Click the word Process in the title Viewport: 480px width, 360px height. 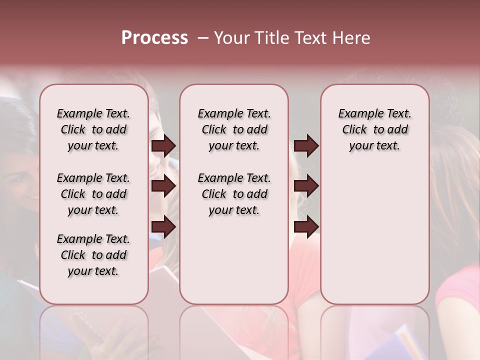(154, 38)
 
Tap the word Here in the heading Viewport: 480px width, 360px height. (350, 38)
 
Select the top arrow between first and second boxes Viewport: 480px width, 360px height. (163, 146)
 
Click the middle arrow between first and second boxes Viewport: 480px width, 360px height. (163, 186)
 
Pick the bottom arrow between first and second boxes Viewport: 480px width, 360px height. (163, 227)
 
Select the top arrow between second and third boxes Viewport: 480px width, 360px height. (306, 146)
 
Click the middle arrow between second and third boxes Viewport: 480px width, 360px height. (306, 186)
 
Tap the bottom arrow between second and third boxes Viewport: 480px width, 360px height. (306, 227)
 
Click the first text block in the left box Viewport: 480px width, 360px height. (93, 129)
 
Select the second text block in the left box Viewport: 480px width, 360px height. (93, 194)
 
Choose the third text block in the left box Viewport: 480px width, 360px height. (93, 255)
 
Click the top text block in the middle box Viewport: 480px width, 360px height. (234, 129)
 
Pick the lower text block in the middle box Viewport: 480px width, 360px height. (234, 194)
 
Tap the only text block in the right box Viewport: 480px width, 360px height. (374, 129)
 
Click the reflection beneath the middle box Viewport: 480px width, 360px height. (234, 330)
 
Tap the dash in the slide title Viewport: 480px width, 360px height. (203, 38)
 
